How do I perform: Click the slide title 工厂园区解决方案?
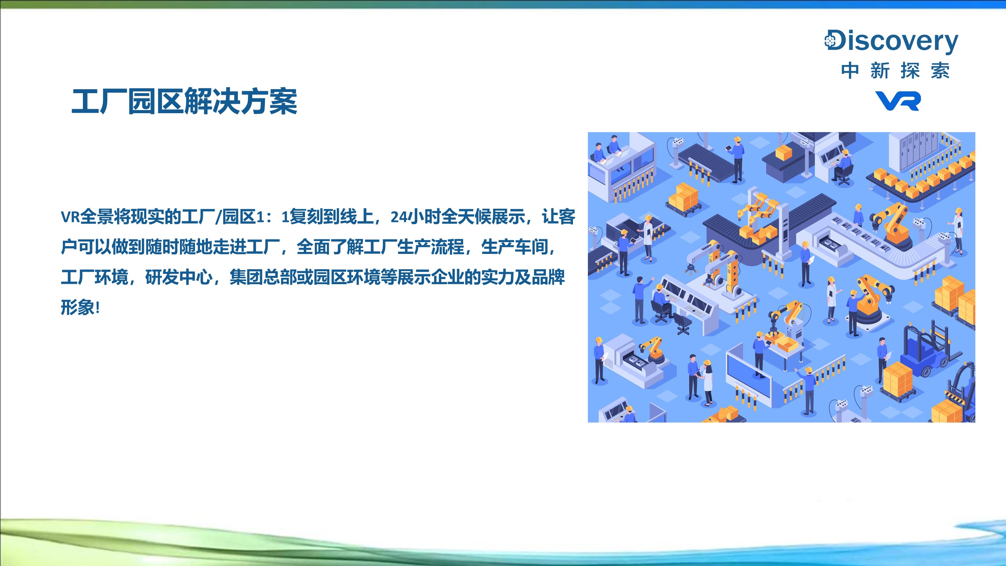[x=184, y=101]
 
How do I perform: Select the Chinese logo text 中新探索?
[x=896, y=71]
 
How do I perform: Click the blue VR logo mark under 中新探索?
[x=898, y=101]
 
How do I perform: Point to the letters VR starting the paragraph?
[x=70, y=217]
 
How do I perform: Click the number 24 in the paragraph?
[x=399, y=217]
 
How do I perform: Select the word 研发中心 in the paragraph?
[x=179, y=277]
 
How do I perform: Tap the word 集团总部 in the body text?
[x=263, y=277]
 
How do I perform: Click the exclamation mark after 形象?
[x=97, y=308]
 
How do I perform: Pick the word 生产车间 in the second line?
[x=515, y=247]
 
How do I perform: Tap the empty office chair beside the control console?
[x=683, y=324]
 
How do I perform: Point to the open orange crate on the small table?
[x=788, y=345]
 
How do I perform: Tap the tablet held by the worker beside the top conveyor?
[x=728, y=148]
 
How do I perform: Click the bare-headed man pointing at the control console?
[x=640, y=299]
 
